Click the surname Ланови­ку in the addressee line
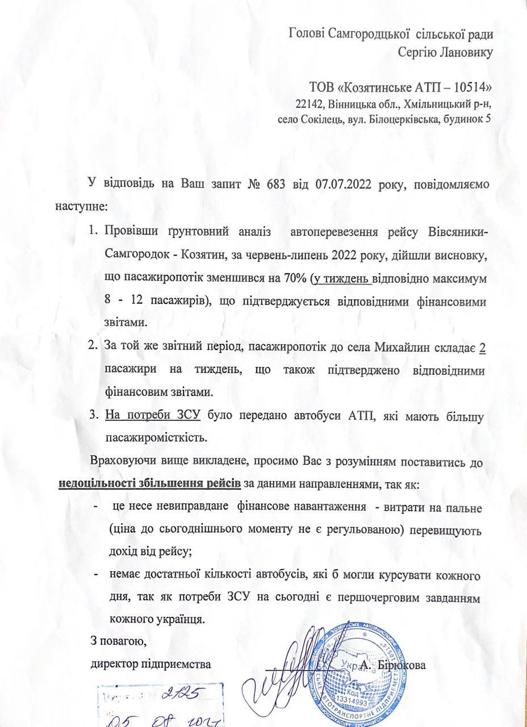coord(461,53)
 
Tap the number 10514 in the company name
coord(466,87)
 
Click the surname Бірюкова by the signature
coord(399,666)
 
